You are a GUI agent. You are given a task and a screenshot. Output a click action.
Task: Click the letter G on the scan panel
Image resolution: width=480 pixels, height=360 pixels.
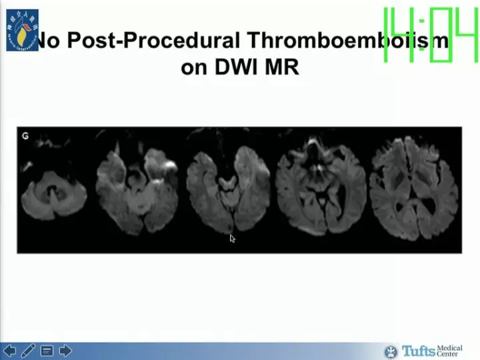point(25,136)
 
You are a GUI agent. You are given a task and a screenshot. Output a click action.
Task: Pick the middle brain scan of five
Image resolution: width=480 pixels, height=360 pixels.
point(228,191)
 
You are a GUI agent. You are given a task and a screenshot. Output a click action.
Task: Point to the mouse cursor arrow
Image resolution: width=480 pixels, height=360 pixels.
point(232,238)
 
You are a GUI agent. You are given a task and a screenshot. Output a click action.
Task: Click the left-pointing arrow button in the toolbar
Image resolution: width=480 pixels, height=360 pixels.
point(10,351)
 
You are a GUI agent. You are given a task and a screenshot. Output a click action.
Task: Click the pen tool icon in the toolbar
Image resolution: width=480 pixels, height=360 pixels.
point(28,351)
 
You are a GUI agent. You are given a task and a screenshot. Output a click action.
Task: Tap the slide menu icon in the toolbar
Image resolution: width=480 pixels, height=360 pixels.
point(47,351)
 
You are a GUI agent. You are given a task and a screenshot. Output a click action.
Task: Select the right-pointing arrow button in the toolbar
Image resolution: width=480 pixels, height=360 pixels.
point(65,351)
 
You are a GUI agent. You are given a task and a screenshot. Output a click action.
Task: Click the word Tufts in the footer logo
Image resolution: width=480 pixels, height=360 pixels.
point(418,351)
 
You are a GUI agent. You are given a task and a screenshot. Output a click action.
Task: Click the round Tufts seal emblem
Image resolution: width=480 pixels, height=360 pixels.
point(391,351)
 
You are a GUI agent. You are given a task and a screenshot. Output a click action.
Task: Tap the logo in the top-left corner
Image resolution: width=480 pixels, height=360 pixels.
point(22,30)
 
